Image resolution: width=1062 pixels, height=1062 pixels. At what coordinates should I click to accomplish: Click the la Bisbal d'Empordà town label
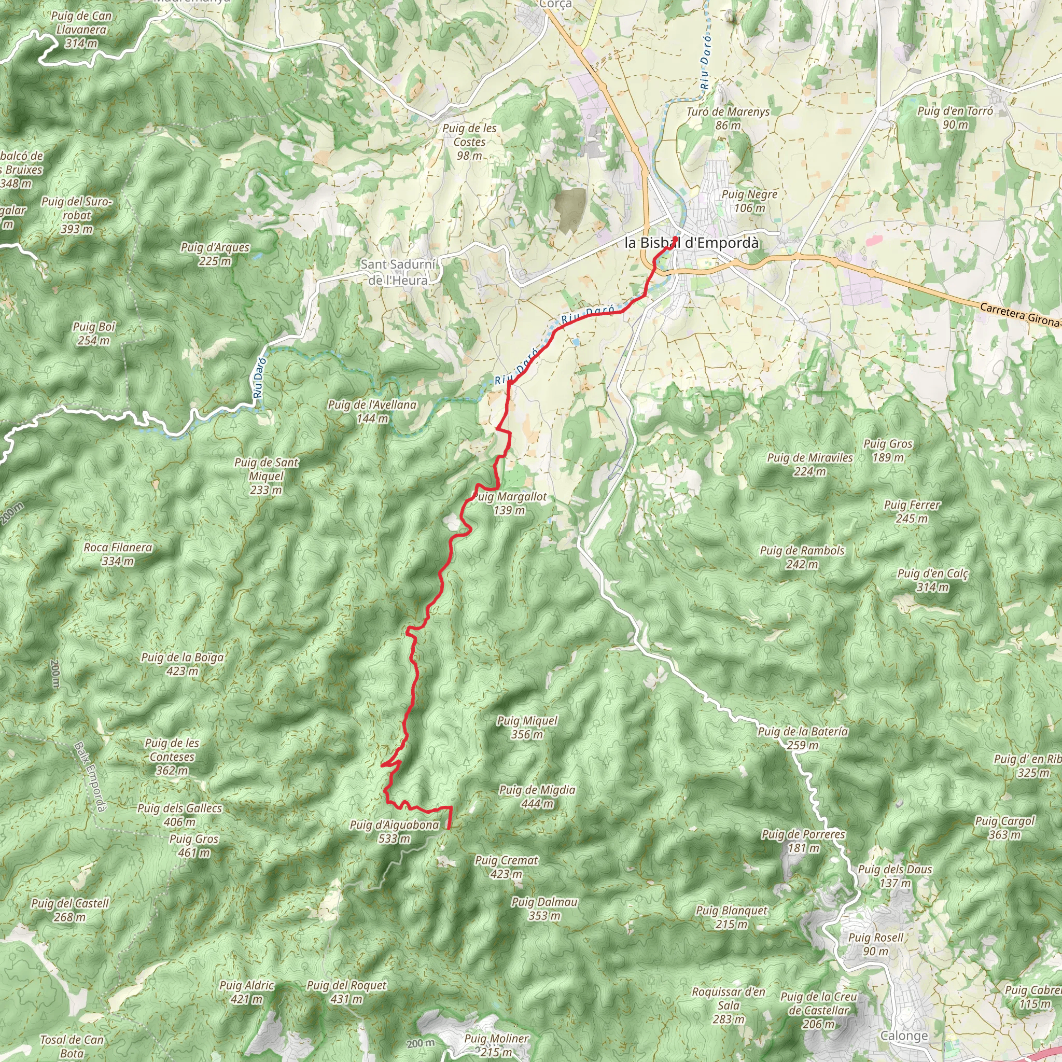pyautogui.click(x=692, y=243)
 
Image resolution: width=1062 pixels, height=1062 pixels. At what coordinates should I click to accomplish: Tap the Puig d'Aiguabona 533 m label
pyautogui.click(x=395, y=832)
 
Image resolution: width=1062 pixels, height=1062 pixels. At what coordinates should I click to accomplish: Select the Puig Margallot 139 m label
pyautogui.click(x=510, y=504)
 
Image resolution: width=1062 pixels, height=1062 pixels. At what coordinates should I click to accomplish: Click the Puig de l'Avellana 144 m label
pyautogui.click(x=372, y=412)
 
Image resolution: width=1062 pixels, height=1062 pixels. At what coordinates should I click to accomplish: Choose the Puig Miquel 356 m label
pyautogui.click(x=527, y=727)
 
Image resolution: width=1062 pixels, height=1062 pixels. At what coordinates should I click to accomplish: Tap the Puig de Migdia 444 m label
pyautogui.click(x=537, y=796)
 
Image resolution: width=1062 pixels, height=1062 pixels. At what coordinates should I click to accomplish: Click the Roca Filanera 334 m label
pyautogui.click(x=118, y=554)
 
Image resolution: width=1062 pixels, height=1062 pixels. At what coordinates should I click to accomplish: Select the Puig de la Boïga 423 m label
pyautogui.click(x=183, y=664)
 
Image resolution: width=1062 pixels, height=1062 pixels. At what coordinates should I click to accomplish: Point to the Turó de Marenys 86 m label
pyautogui.click(x=728, y=118)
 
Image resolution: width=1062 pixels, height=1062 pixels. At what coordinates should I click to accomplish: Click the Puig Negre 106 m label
pyautogui.click(x=749, y=201)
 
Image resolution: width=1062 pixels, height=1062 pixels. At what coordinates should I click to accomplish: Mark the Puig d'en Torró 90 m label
pyautogui.click(x=955, y=118)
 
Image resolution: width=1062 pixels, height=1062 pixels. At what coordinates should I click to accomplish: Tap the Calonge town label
pyautogui.click(x=904, y=1036)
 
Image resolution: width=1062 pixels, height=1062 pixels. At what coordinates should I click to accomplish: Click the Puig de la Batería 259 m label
pyautogui.click(x=803, y=738)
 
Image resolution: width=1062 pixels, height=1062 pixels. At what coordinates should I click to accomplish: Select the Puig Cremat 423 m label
pyautogui.click(x=506, y=867)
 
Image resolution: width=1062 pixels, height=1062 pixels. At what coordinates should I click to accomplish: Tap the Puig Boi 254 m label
pyautogui.click(x=94, y=333)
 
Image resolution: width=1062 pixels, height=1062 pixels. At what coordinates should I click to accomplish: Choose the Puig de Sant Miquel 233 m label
pyautogui.click(x=266, y=476)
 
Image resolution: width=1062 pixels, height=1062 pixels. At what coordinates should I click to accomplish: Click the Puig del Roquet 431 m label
pyautogui.click(x=346, y=991)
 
